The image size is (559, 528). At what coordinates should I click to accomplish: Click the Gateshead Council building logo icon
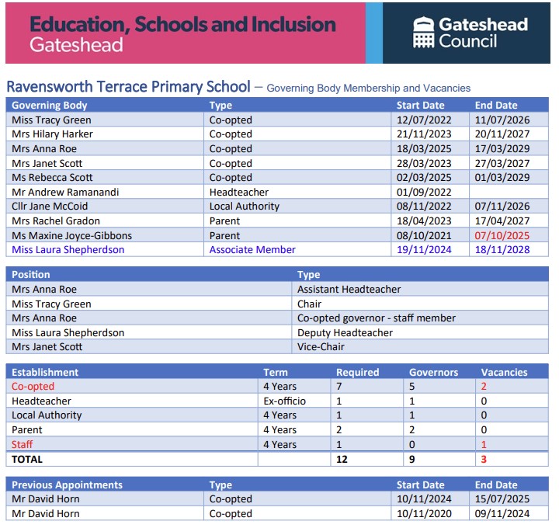click(x=424, y=32)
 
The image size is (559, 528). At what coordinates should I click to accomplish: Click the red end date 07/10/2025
click(x=502, y=235)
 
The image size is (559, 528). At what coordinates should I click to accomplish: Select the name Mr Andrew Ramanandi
click(x=65, y=192)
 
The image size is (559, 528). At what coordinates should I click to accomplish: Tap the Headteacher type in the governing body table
click(x=239, y=192)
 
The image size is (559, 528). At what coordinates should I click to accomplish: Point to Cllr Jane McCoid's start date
click(x=424, y=207)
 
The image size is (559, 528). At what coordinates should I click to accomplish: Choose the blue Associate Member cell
click(x=252, y=250)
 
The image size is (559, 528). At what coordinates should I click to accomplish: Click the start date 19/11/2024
click(x=424, y=250)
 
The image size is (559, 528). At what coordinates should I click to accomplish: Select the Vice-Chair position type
click(x=321, y=347)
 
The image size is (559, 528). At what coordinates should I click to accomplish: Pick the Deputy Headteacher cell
click(x=345, y=332)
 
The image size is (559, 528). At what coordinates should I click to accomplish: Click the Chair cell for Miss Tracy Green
click(x=310, y=304)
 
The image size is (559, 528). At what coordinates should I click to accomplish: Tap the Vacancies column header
click(x=504, y=373)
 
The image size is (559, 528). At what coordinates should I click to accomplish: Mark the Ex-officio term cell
click(x=284, y=401)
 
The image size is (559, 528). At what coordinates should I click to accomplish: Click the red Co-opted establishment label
click(x=33, y=387)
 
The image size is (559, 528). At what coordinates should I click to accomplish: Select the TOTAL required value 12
click(x=342, y=459)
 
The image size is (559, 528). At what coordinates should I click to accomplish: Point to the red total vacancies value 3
click(x=484, y=459)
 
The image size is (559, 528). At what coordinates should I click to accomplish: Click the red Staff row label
click(x=22, y=445)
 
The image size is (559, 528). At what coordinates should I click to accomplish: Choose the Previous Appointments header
click(x=67, y=485)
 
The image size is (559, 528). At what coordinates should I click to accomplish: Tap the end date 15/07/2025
click(x=502, y=499)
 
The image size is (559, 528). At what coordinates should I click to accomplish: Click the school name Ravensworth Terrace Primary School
click(x=128, y=87)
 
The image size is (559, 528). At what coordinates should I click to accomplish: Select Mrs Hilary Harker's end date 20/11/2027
click(x=502, y=134)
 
